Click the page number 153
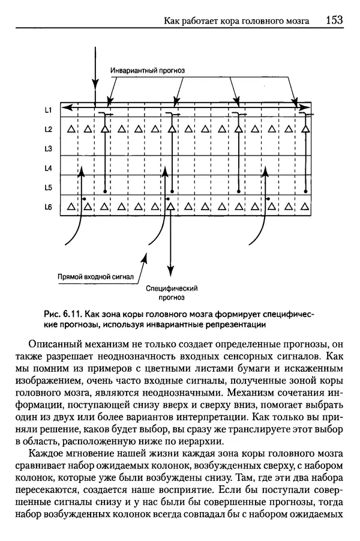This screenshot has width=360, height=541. (x=334, y=20)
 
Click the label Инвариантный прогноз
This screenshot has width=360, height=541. (x=148, y=70)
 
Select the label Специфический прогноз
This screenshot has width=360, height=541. (x=172, y=292)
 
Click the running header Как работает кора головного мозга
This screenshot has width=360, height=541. (x=237, y=21)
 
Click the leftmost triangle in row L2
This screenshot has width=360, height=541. (x=71, y=129)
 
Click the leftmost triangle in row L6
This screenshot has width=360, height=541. (x=71, y=207)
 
